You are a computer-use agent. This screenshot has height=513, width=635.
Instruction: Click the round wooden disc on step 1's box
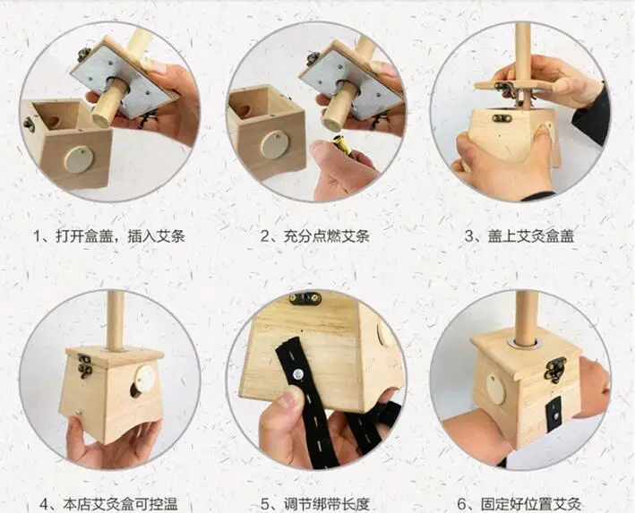point(77,158)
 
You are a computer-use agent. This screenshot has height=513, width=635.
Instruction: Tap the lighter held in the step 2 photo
point(342,147)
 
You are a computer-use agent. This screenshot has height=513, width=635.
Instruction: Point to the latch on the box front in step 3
point(502,117)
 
